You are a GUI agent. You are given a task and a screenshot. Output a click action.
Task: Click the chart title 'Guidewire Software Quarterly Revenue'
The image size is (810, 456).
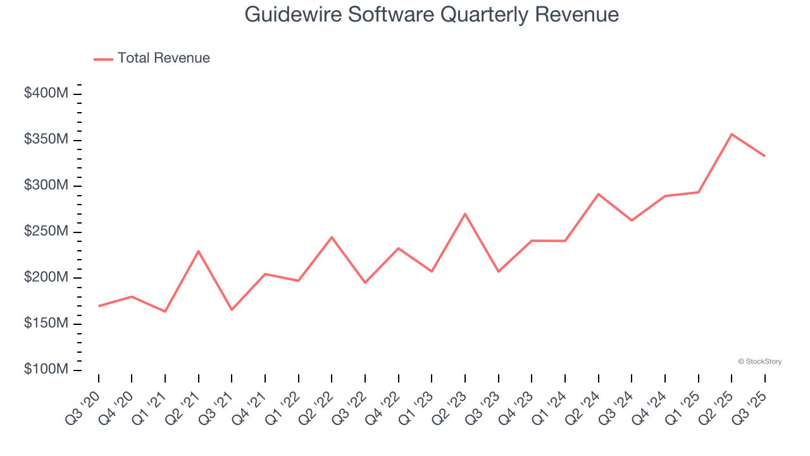(x=432, y=14)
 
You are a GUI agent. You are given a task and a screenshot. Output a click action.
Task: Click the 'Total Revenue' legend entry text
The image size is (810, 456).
(x=163, y=58)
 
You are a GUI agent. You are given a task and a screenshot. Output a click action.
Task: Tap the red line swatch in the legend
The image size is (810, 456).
(x=103, y=59)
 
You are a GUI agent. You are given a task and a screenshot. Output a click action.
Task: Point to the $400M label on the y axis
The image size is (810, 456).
(x=46, y=93)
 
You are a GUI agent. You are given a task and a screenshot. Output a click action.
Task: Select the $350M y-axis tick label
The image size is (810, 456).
(x=46, y=139)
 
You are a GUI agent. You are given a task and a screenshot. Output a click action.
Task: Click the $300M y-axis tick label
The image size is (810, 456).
(x=46, y=186)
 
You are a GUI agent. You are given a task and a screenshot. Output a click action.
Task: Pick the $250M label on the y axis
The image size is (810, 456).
(x=46, y=232)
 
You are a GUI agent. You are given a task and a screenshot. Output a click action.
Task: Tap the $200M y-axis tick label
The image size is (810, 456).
(x=46, y=277)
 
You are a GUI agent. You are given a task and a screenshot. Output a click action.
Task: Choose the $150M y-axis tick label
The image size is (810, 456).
(x=46, y=324)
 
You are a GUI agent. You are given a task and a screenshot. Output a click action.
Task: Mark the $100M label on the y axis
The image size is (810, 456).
(x=46, y=369)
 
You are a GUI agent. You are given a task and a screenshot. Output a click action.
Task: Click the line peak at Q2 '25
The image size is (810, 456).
(x=732, y=134)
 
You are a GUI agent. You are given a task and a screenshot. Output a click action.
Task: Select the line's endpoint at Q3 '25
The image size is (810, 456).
(x=764, y=156)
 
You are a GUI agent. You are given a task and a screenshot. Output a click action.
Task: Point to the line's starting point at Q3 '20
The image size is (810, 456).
(x=99, y=306)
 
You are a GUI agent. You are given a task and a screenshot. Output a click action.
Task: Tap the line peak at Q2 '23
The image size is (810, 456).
(x=465, y=213)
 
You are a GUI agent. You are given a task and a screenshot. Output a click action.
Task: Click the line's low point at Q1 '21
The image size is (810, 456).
(x=165, y=312)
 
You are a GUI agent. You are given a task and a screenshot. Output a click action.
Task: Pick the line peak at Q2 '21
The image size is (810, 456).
(x=199, y=251)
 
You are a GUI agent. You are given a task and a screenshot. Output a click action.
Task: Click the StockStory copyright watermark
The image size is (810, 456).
(x=759, y=362)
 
